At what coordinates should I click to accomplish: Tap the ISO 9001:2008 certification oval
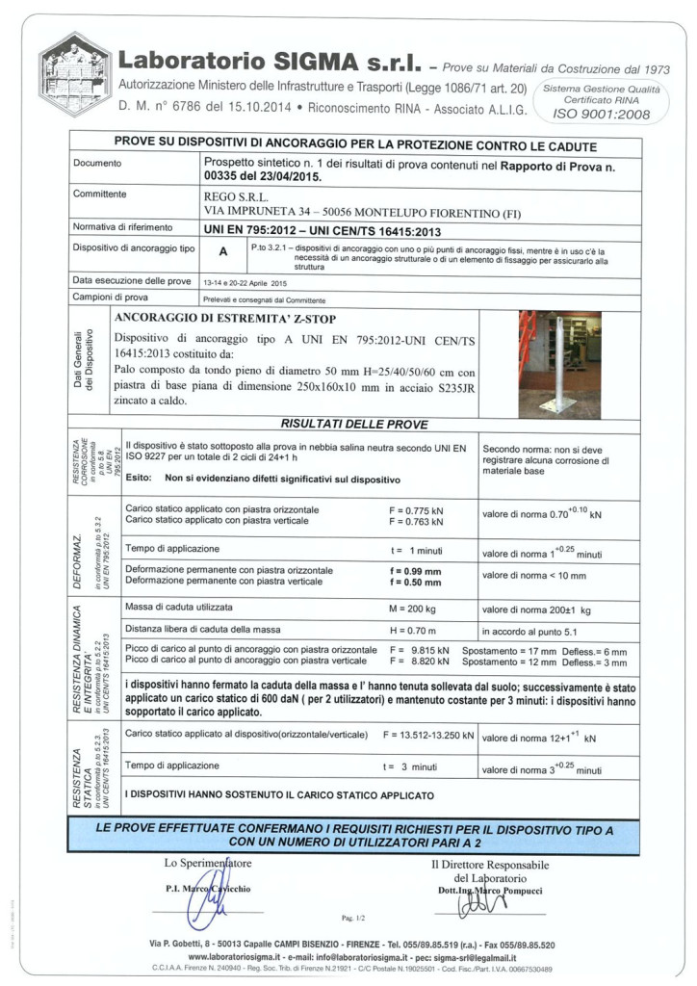tap(602, 101)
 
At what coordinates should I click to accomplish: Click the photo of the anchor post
tap(559, 365)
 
